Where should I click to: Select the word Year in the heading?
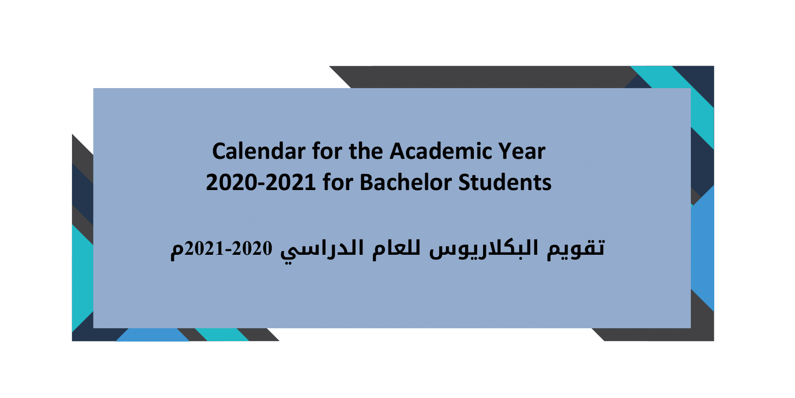click(x=522, y=151)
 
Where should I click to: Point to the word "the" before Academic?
click(x=366, y=151)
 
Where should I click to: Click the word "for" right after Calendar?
click(x=328, y=151)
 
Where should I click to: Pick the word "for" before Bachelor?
click(x=338, y=182)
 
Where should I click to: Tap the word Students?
click(x=505, y=182)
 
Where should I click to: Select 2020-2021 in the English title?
click(x=261, y=182)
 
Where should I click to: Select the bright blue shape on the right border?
click(x=702, y=248)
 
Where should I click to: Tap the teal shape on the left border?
click(x=83, y=278)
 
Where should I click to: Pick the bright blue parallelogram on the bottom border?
click(x=152, y=335)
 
